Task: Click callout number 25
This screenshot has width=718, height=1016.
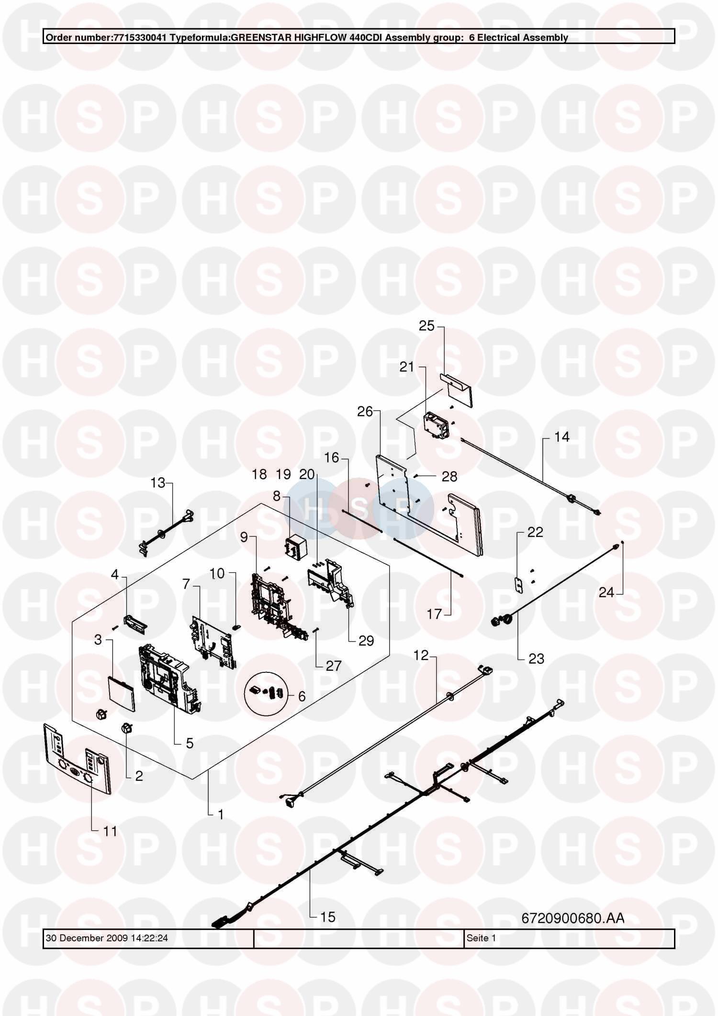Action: (426, 326)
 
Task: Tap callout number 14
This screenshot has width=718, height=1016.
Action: (562, 436)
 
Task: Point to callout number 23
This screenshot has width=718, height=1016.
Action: (537, 659)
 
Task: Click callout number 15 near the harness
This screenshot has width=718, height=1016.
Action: (328, 917)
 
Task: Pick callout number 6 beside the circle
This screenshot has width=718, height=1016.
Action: (302, 696)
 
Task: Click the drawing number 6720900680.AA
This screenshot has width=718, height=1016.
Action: (572, 918)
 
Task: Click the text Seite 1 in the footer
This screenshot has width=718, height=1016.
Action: (481, 938)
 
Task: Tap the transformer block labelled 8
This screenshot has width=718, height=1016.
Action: (296, 547)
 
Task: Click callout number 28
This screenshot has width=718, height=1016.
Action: (449, 476)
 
